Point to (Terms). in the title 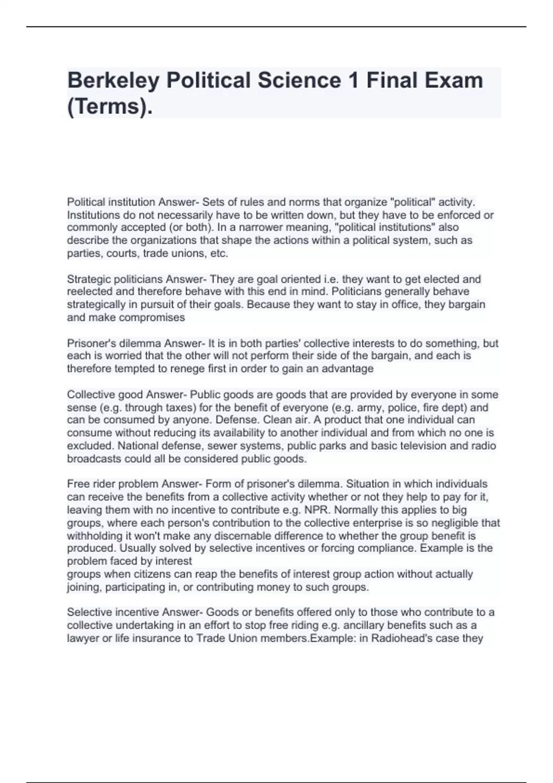point(110,107)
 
